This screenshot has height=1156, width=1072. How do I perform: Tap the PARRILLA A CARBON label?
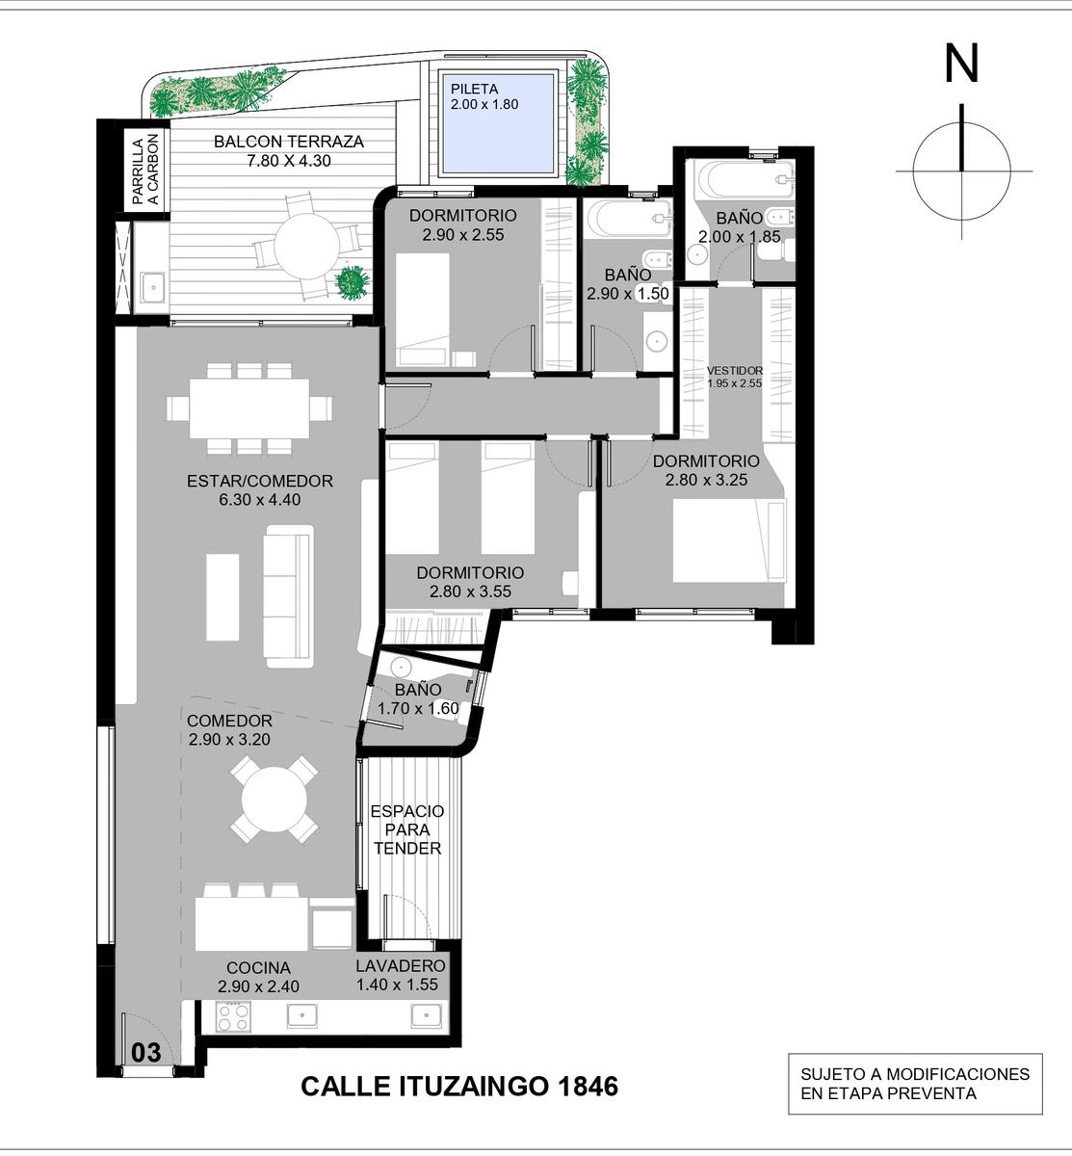[145, 170]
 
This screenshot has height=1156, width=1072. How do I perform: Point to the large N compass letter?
[961, 65]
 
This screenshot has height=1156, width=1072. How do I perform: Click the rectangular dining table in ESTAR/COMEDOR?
[249, 408]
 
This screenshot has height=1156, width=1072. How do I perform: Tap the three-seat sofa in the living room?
[288, 596]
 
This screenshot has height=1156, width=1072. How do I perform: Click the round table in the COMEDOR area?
[275, 800]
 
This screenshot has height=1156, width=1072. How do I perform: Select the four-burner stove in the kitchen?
[233, 1017]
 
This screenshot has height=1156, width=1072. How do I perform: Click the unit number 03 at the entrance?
[146, 1052]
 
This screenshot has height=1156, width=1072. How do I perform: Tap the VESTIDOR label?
[735, 370]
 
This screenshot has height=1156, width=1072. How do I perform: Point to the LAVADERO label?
[401, 965]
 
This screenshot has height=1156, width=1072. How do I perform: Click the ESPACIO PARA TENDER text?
[407, 829]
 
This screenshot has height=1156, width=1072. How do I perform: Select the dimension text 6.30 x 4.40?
[259, 499]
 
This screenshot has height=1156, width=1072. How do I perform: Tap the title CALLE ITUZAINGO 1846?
[459, 1086]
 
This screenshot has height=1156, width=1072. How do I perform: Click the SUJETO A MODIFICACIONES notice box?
[915, 1083]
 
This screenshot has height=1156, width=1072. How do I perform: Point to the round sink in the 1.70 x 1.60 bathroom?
[400, 666]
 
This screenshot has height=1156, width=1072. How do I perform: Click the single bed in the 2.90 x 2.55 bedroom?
[423, 309]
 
